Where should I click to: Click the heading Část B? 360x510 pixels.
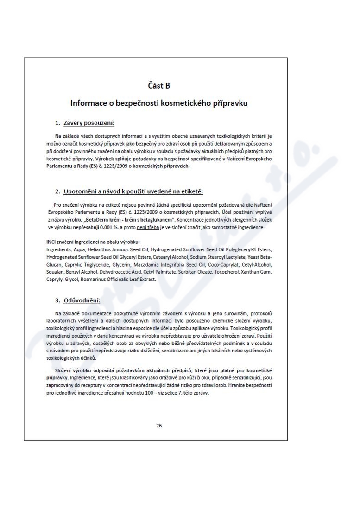tap(159, 85)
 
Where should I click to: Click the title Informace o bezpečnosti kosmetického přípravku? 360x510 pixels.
tap(159, 103)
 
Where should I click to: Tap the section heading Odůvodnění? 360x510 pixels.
tap(82, 300)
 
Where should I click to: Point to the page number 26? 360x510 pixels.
tap(159, 426)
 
